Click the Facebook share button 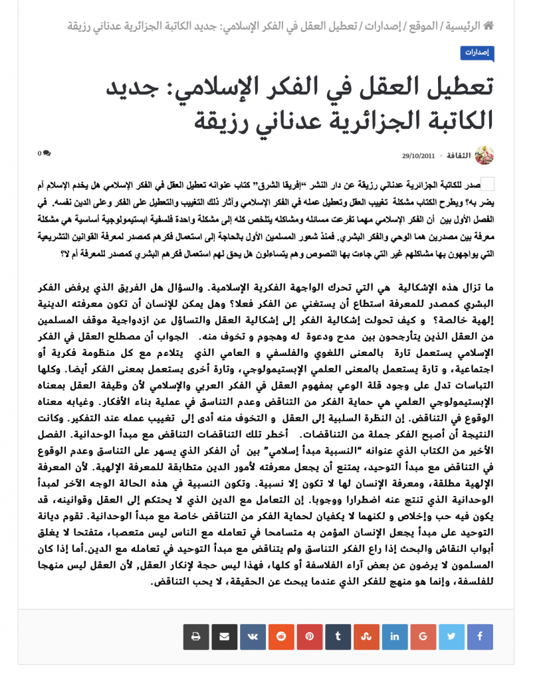tap(480, 637)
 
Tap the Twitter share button tap(452, 637)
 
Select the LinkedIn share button tap(395, 637)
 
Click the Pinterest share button tap(310, 637)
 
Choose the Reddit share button tap(281, 637)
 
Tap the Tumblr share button tap(338, 637)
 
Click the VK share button tap(253, 637)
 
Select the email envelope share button tap(225, 637)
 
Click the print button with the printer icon tap(196, 637)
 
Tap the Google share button tap(423, 637)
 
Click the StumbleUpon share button tap(366, 637)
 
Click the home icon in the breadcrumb tap(489, 26)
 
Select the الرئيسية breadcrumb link tap(463, 26)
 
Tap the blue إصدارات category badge tap(477, 52)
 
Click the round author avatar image tap(485, 155)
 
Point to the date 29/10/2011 tap(418, 156)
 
